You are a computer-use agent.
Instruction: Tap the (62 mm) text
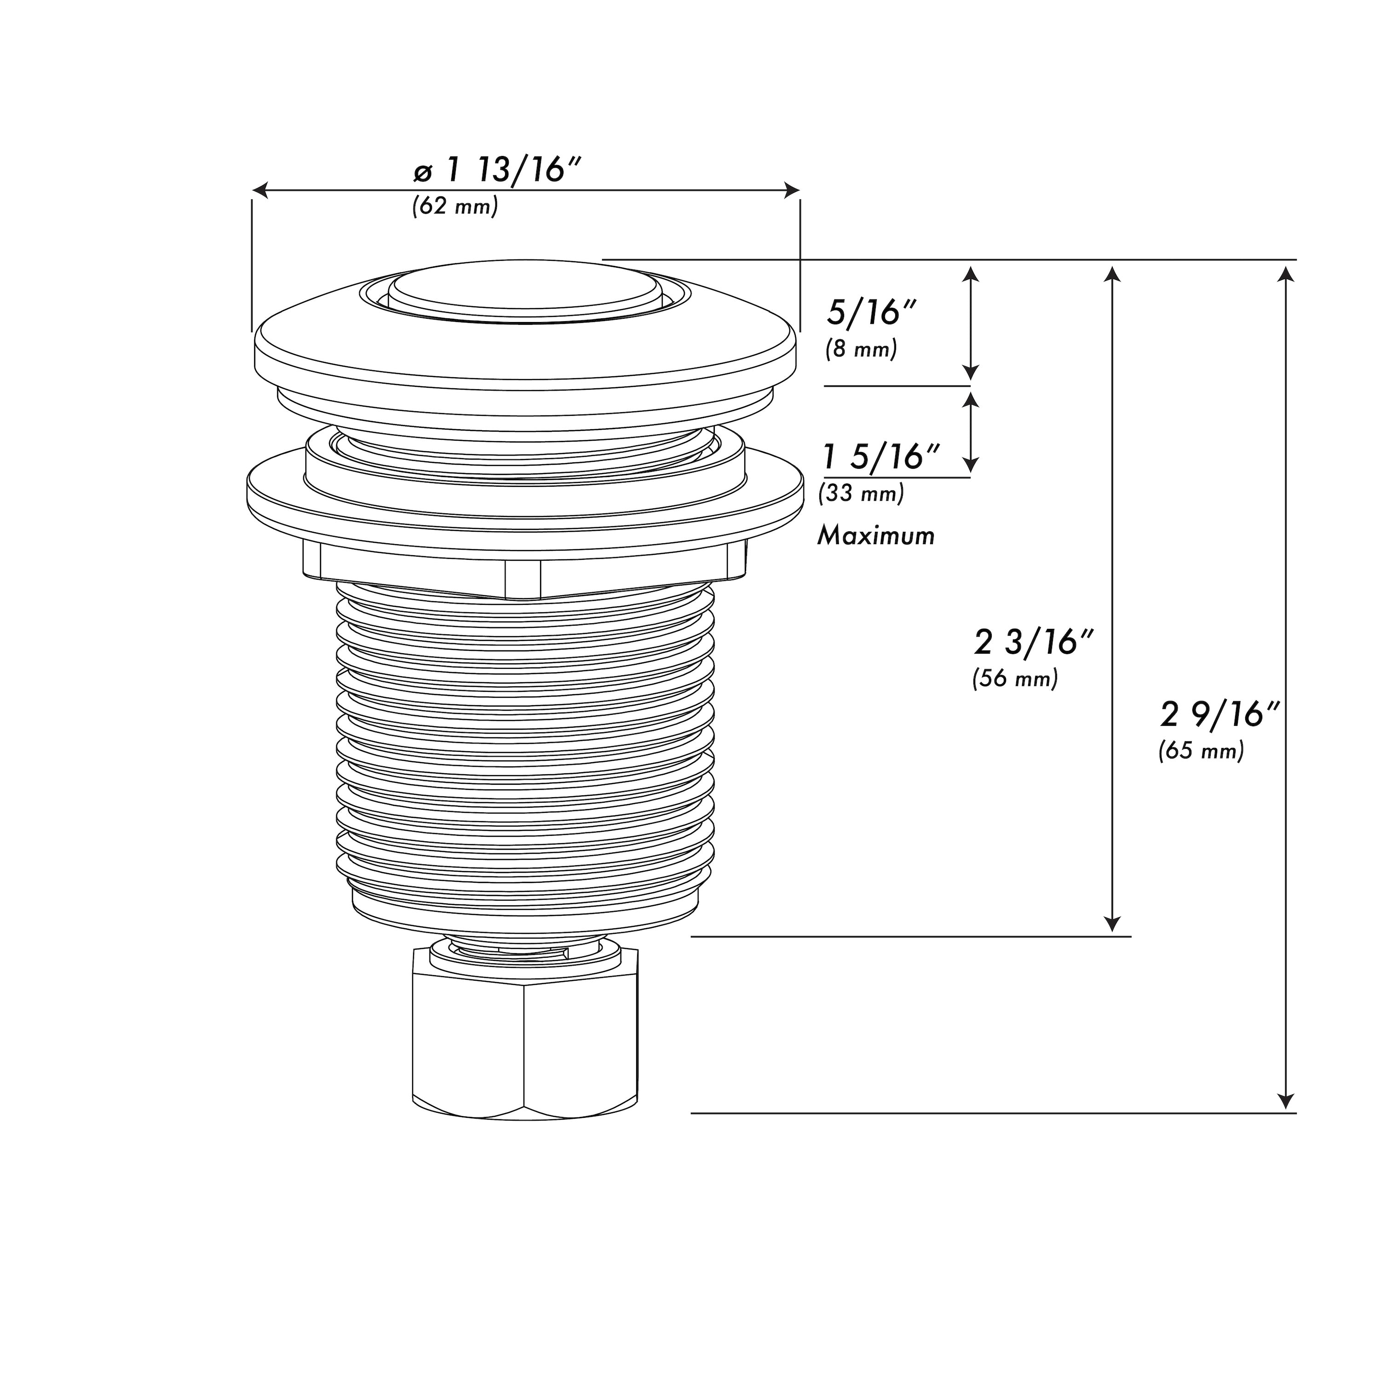(x=455, y=207)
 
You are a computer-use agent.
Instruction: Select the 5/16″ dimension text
(x=871, y=314)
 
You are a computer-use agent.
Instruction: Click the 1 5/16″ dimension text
(x=881, y=457)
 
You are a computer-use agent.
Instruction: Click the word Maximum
(x=876, y=536)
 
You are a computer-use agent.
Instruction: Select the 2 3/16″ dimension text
(x=1034, y=643)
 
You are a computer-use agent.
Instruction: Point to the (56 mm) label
(x=1014, y=678)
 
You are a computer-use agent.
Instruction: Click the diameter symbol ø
(x=423, y=173)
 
